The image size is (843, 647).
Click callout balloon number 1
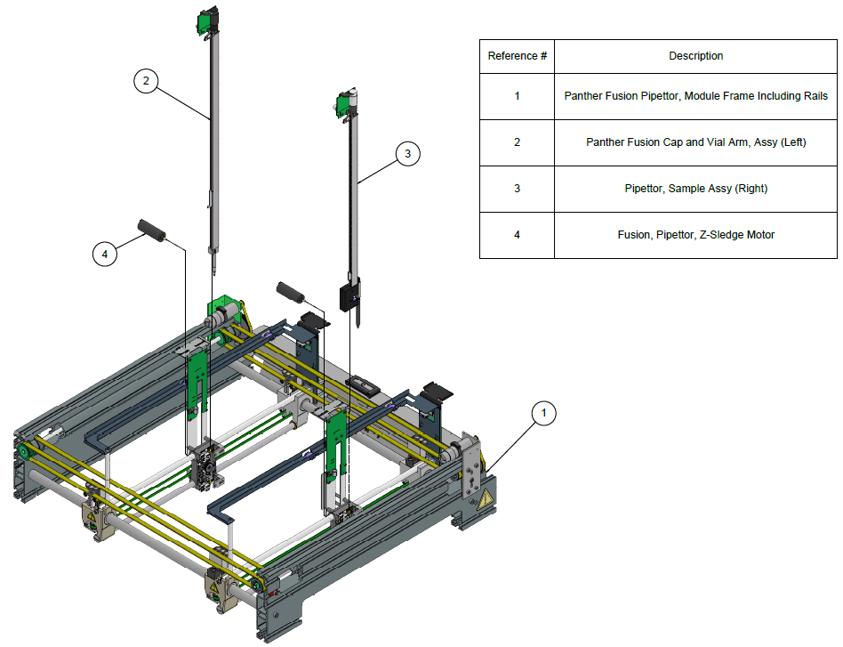544,413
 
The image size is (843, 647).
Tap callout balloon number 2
146,81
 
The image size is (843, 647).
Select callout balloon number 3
407,154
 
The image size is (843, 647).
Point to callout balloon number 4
105,255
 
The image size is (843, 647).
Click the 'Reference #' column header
517,56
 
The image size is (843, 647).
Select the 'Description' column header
695,56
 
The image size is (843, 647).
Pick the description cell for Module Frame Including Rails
695,95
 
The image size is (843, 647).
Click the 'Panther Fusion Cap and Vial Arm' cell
695,142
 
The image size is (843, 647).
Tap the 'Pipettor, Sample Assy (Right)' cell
695,189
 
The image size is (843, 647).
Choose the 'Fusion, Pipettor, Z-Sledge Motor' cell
695,235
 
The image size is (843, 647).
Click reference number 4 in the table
517,235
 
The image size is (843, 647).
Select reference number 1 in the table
517,95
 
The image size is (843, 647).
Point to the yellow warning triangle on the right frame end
485,501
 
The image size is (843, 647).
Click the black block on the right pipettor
351,297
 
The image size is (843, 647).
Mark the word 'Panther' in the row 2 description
605,142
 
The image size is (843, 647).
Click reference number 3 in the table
517,189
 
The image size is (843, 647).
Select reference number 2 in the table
517,142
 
